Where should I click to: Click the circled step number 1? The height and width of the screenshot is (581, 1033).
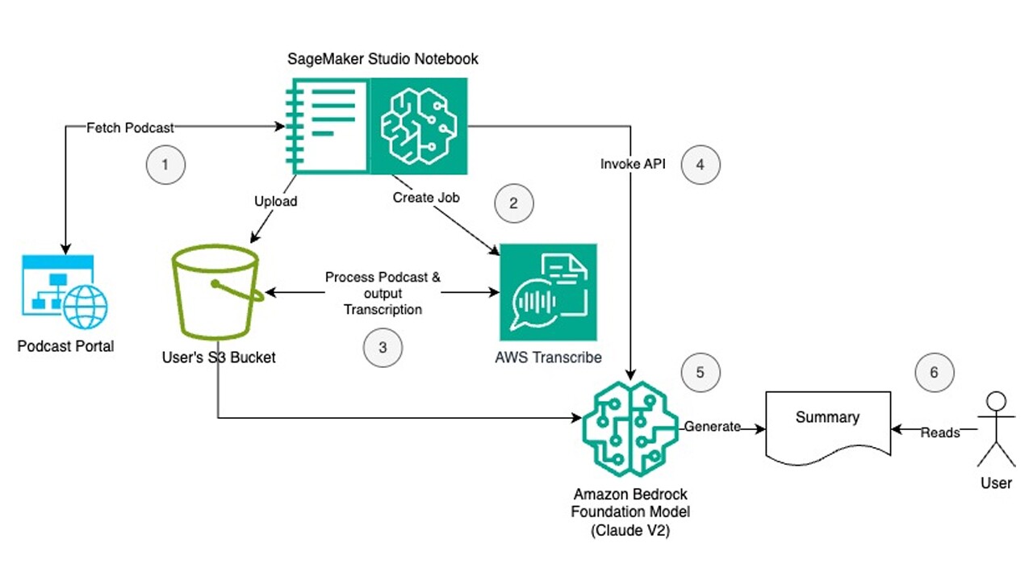coord(165,165)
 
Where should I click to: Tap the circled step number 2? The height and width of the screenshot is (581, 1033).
coord(513,203)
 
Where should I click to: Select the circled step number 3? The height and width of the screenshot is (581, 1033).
coord(383,348)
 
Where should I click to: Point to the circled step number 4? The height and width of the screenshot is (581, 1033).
coord(701,164)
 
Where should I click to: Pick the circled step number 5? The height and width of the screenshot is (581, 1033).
coord(700,372)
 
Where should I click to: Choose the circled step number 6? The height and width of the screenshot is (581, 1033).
coord(935,373)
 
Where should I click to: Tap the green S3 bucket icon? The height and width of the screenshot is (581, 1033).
coord(216,294)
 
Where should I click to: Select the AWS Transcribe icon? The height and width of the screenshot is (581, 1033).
coord(548,292)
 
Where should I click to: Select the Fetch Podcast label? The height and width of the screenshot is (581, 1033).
coord(131,127)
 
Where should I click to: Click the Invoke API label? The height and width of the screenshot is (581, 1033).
coord(633,164)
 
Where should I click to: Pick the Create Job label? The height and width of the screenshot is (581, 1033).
coord(426,197)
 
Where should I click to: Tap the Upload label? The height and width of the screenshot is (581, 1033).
coord(276,201)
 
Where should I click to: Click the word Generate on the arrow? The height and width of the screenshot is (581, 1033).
coord(712,427)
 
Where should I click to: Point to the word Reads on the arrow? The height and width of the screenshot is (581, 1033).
coord(940,433)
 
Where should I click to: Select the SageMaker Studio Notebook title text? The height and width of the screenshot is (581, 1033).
coord(383,59)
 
